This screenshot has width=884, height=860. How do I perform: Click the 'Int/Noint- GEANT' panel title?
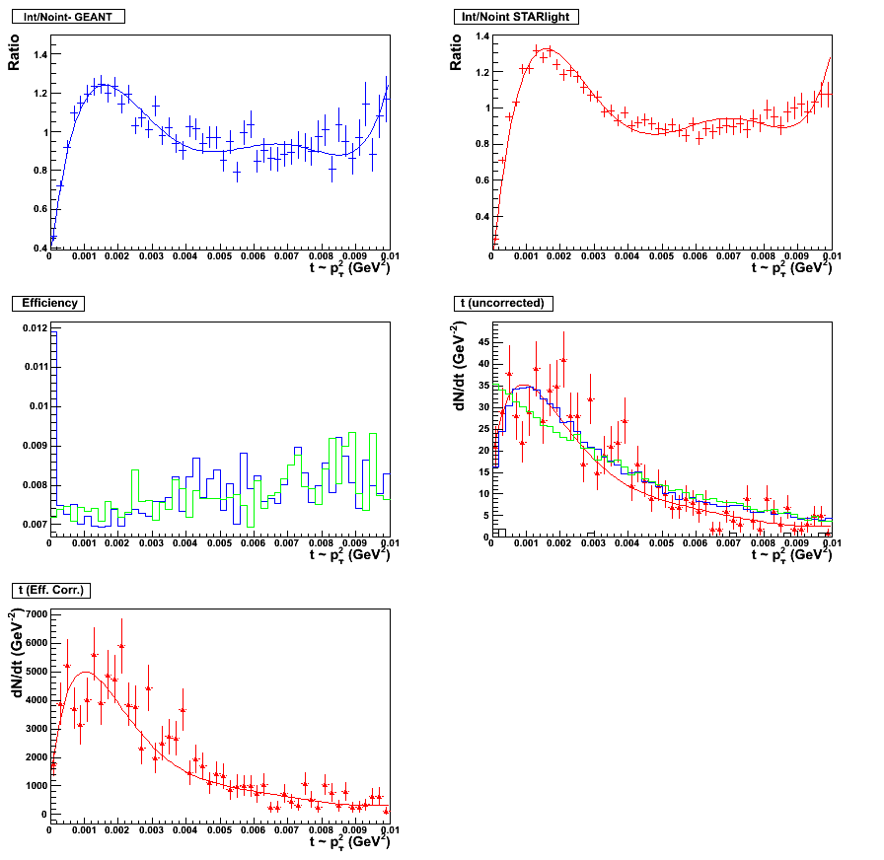[x=67, y=17]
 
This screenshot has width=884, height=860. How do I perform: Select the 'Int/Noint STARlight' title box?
[x=517, y=17]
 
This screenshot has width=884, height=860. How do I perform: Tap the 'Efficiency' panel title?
[x=49, y=303]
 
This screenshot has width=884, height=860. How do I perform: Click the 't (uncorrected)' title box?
[x=503, y=303]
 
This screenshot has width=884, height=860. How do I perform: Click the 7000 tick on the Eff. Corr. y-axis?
[x=34, y=613]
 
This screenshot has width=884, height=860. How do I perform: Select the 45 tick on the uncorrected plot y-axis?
[x=482, y=341]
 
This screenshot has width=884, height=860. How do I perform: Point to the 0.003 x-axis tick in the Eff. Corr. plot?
[x=151, y=830]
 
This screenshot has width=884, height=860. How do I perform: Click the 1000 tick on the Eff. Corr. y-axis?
[x=34, y=786]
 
